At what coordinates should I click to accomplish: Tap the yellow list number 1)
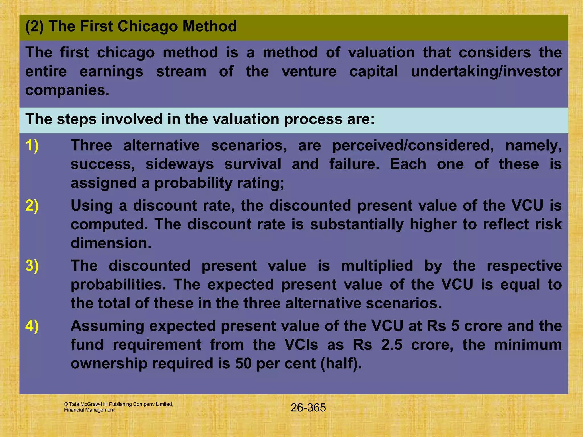tap(32, 145)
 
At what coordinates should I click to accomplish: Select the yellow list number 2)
tap(32, 205)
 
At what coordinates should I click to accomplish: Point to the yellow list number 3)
tap(32, 266)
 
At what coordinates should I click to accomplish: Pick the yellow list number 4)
tap(32, 326)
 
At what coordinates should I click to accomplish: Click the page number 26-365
tap(308, 408)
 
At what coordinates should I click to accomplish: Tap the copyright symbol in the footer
tap(66, 404)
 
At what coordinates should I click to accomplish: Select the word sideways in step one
tap(179, 164)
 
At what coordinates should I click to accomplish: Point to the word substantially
tap(357, 224)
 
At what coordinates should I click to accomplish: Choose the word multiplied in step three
tap(377, 266)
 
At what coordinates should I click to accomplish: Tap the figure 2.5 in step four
tap(392, 345)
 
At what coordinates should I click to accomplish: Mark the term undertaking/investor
tap(486, 71)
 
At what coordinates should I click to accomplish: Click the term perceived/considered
tap(413, 145)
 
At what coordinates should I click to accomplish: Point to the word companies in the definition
tap(67, 90)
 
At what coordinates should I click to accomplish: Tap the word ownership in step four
tap(109, 363)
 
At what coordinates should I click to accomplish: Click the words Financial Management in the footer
tap(89, 410)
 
